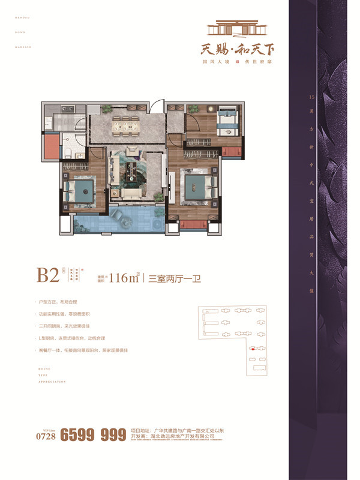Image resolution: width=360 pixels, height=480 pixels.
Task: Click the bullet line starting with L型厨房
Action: tap(79, 338)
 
